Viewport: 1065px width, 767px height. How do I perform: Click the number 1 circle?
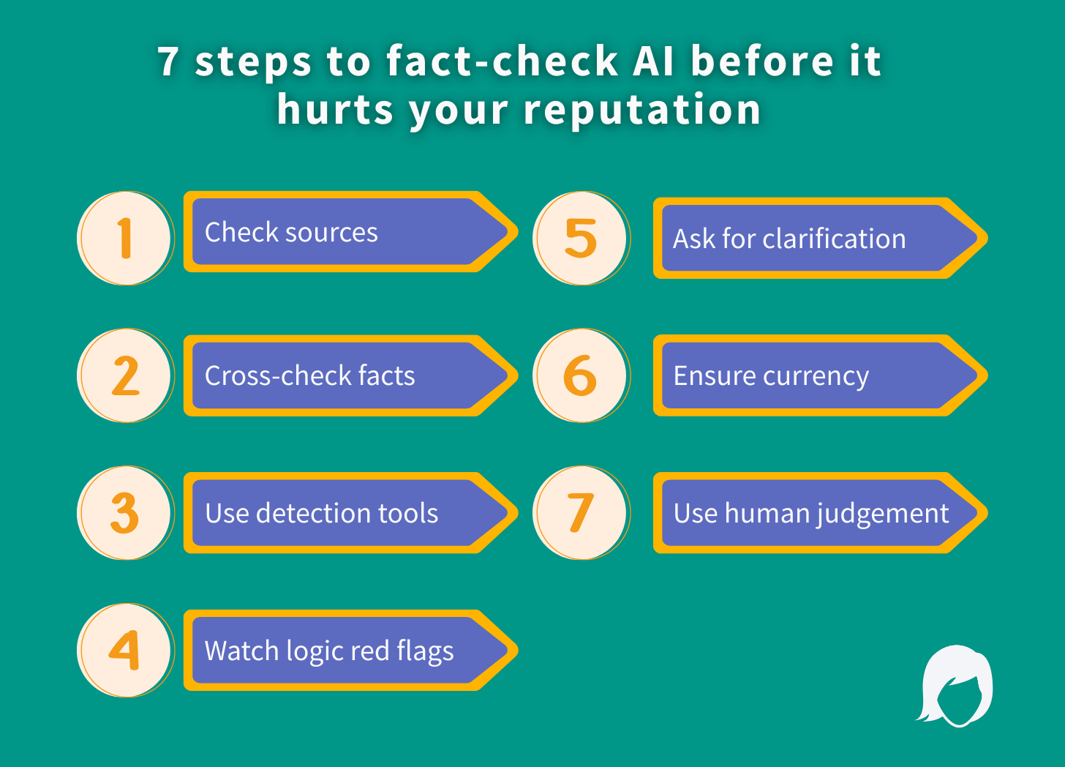pyautogui.click(x=126, y=239)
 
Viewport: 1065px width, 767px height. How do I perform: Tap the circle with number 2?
pyautogui.click(x=126, y=375)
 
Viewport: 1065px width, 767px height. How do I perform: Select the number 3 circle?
pyautogui.click(x=126, y=513)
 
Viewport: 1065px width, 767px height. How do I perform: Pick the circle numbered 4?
pyautogui.click(x=126, y=650)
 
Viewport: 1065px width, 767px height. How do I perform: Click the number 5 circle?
pyautogui.click(x=581, y=239)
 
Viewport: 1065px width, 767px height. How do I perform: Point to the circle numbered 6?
pyautogui.click(x=581, y=375)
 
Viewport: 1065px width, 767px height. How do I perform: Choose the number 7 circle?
pyautogui.click(x=581, y=513)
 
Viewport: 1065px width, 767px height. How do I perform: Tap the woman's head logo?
pyautogui.click(x=955, y=686)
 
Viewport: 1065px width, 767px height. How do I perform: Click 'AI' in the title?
pyautogui.click(x=654, y=61)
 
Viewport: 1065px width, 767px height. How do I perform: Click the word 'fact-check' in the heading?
pyautogui.click(x=503, y=61)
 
